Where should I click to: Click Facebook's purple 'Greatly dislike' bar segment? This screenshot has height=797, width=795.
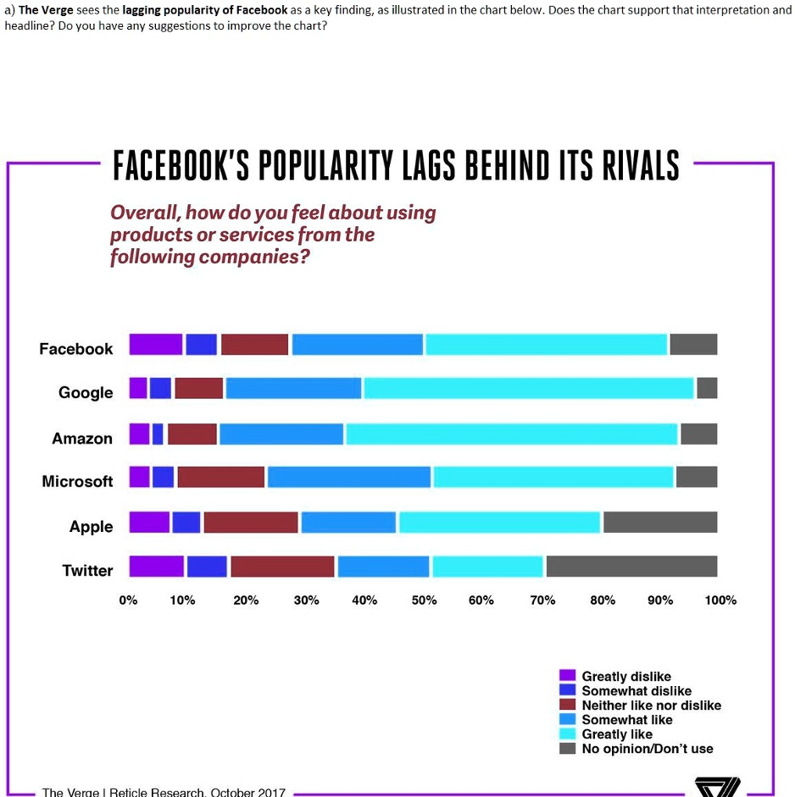pyautogui.click(x=156, y=345)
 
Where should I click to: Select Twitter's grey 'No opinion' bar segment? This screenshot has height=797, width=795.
pyautogui.click(x=631, y=566)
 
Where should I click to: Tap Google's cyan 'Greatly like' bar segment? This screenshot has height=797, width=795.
pyautogui.click(x=528, y=388)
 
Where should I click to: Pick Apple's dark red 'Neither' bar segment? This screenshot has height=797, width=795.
pyautogui.click(x=251, y=522)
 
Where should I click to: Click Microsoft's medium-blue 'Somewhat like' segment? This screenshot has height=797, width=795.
pyautogui.click(x=349, y=477)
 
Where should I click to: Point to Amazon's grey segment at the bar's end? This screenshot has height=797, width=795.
pyautogui.click(x=698, y=434)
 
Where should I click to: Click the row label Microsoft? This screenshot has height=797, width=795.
pyautogui.click(x=77, y=481)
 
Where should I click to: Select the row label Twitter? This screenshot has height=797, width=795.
pyautogui.click(x=87, y=570)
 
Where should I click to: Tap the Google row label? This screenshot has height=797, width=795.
pyautogui.click(x=86, y=392)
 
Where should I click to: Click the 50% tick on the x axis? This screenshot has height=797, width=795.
pyautogui.click(x=424, y=601)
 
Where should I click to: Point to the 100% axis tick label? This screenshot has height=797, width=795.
pyautogui.click(x=720, y=601)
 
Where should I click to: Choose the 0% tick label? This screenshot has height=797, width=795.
pyautogui.click(x=128, y=601)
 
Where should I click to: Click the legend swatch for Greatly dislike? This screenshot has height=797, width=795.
pyautogui.click(x=568, y=676)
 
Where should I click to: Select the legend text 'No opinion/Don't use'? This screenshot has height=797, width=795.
pyautogui.click(x=647, y=749)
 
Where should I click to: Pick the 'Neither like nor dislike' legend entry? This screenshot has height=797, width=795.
pyautogui.click(x=651, y=706)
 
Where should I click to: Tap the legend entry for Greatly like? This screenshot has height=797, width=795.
pyautogui.click(x=616, y=734)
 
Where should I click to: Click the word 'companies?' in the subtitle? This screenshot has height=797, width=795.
pyautogui.click(x=253, y=256)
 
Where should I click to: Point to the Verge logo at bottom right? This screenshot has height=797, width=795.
pyautogui.click(x=717, y=787)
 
